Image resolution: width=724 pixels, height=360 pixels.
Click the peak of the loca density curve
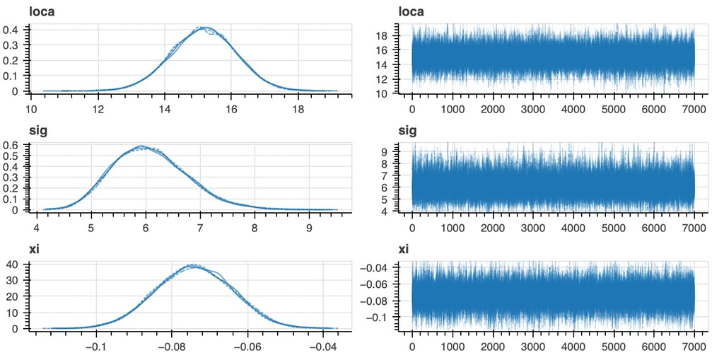click(x=204, y=28)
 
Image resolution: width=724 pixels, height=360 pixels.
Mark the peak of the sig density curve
click(x=141, y=146)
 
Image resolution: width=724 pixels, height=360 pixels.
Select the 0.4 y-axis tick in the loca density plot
click(x=14, y=30)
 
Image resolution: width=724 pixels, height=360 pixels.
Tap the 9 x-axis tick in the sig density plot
click(x=309, y=228)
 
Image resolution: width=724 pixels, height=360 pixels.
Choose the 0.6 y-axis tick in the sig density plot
click(x=14, y=145)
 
